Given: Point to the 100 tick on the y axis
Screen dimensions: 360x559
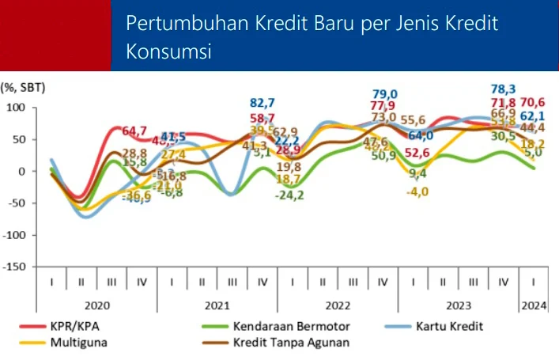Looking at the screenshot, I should click(x=16, y=107).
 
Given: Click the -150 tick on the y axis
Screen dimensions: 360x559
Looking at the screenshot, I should click(x=13, y=267).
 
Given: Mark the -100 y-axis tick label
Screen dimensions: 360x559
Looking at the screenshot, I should click(x=13, y=235).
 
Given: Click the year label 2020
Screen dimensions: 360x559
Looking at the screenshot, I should click(x=97, y=304).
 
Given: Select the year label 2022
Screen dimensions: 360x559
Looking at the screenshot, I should click(x=338, y=304).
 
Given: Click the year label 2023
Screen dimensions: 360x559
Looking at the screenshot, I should click(x=458, y=304).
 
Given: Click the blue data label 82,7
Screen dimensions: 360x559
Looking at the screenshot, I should click(x=263, y=103).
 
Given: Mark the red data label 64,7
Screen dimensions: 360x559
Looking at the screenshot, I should click(x=133, y=131).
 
